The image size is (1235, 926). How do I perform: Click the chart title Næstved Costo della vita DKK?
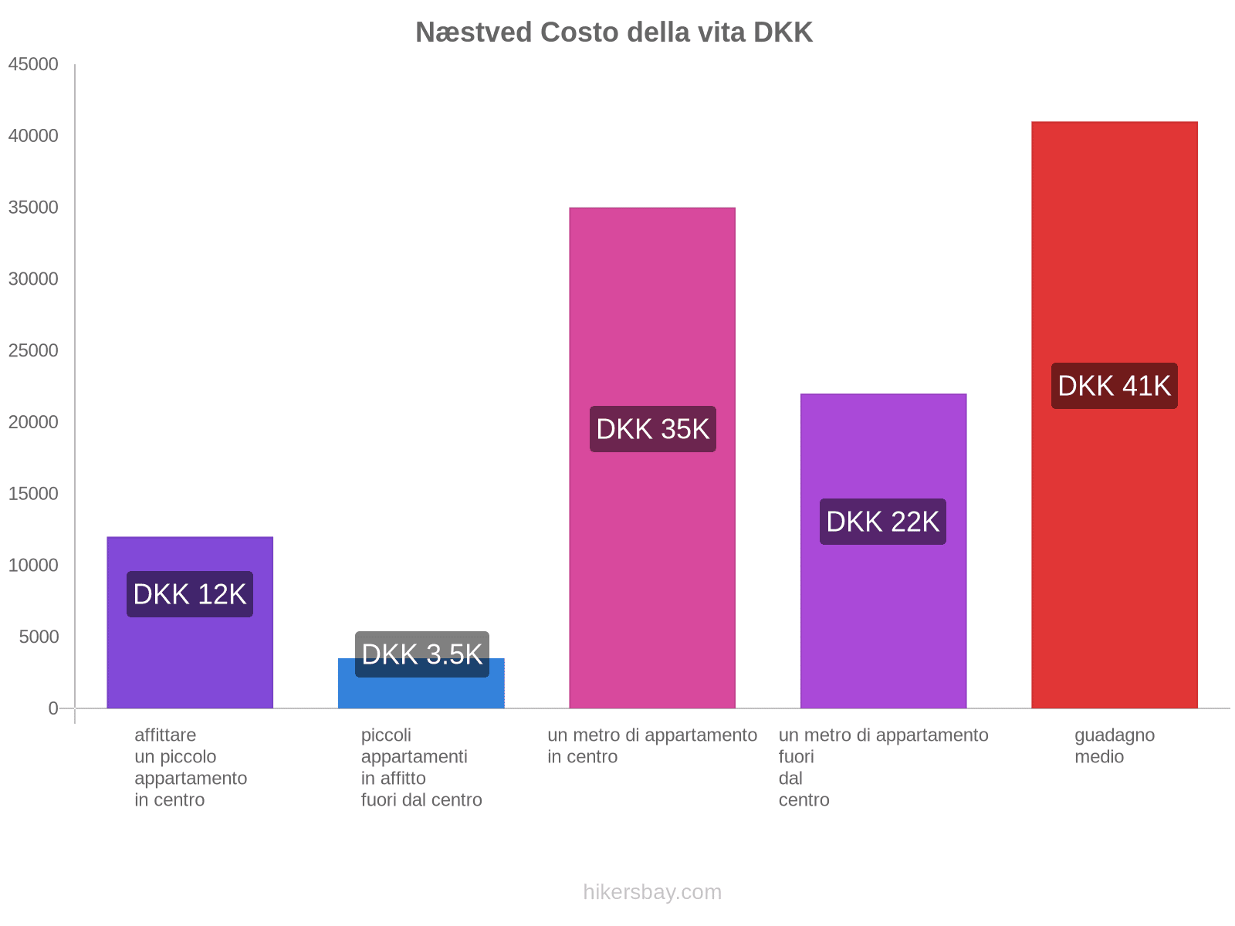pos(614,32)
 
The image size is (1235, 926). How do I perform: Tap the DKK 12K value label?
pos(190,594)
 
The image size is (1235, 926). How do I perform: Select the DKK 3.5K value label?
pos(421,654)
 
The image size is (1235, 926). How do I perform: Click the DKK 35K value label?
pos(652,429)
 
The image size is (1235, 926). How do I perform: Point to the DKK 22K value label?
pos(882,522)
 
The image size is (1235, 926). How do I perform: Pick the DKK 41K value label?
pos(1114,386)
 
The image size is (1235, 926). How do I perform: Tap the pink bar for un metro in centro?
pos(652,309)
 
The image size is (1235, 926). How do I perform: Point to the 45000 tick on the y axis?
pos(33,65)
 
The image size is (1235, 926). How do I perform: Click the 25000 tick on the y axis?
pos(33,351)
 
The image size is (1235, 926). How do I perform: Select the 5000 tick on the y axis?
pos(38,637)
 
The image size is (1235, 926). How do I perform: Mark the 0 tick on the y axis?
pos(53,708)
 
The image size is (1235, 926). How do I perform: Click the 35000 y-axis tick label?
pos(33,208)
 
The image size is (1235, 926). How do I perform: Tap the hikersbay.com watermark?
pos(652,892)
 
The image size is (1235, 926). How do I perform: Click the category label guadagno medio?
pos(1114,745)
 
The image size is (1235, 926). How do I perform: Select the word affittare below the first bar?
pos(165,735)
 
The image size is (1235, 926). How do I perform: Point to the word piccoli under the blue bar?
pos(386,735)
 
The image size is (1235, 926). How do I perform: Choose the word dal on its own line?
pos(790,779)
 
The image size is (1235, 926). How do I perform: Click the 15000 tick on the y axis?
pos(33,494)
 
